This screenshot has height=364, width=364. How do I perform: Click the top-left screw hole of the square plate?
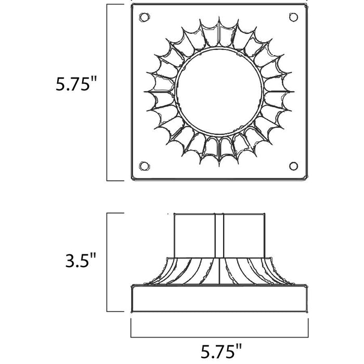[144, 17]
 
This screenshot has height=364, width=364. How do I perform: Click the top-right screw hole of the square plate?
[293, 17]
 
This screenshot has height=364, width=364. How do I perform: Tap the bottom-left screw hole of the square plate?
[144, 166]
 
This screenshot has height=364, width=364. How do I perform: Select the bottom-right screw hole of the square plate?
[293, 166]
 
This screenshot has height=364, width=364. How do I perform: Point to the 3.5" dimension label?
[81, 260]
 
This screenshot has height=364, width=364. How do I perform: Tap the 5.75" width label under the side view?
[221, 352]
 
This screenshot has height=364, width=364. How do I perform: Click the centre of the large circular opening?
[219, 92]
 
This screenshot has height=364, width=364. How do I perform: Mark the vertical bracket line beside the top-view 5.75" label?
[107, 92]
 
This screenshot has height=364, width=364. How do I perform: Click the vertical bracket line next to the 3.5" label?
[107, 262]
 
